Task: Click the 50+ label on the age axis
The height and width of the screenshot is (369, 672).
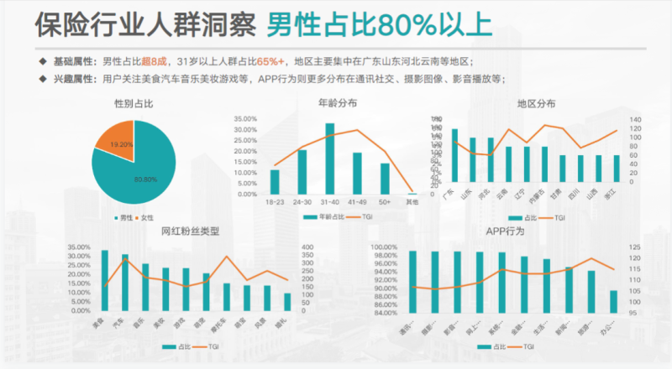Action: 385,201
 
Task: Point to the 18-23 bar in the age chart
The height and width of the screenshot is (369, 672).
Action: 275,182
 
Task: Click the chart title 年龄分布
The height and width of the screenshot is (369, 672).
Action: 337,103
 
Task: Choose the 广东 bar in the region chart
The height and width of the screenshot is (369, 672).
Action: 454,156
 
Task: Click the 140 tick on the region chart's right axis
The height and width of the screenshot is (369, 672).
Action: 634,119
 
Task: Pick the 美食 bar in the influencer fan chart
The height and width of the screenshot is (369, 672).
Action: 105,277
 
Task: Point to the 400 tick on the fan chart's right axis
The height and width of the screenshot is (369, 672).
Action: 307,247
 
